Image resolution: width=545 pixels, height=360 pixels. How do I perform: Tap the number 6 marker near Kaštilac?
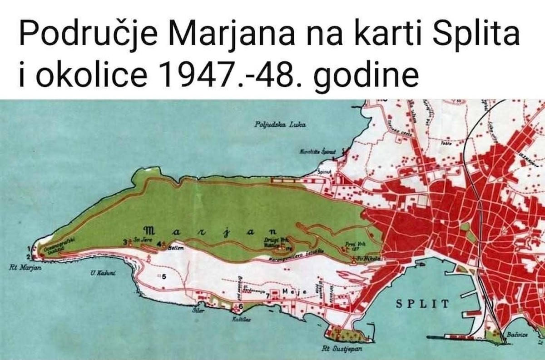241,306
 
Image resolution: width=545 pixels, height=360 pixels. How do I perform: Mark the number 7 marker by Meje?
268,295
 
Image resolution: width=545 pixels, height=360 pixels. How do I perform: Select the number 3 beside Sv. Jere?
125,242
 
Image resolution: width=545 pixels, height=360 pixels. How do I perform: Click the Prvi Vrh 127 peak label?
352,246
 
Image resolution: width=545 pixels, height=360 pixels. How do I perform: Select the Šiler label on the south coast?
197,311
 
